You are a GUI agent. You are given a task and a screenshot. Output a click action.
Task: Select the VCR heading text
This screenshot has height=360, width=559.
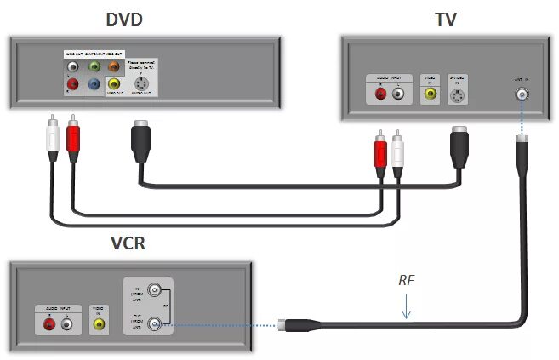pyautogui.click(x=128, y=244)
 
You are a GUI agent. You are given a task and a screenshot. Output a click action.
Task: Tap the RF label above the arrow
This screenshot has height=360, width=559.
pyautogui.click(x=408, y=278)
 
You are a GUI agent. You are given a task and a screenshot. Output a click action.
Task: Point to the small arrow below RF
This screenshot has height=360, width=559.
pyautogui.click(x=408, y=306)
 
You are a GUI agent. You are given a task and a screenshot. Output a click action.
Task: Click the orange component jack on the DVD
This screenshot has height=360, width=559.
pyautogui.click(x=114, y=66)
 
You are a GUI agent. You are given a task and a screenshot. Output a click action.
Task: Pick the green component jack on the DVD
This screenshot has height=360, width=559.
pyautogui.click(x=94, y=66)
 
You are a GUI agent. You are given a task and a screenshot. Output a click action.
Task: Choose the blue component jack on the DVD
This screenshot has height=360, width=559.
pyautogui.click(x=94, y=84)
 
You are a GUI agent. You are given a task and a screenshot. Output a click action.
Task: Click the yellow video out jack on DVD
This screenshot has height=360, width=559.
pyautogui.click(x=114, y=84)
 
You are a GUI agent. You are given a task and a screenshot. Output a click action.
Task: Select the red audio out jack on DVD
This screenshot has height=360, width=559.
pyautogui.click(x=74, y=84)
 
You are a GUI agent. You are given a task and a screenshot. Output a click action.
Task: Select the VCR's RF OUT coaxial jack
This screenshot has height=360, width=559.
pyautogui.click(x=155, y=323)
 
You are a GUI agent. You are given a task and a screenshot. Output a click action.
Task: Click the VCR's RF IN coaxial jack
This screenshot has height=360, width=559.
pyautogui.click(x=155, y=289)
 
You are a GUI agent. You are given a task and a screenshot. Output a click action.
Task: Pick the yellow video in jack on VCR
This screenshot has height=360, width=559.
pyautogui.click(x=99, y=324)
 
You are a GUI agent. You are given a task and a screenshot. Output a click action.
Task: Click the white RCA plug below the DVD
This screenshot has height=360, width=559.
pyautogui.click(x=53, y=138)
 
